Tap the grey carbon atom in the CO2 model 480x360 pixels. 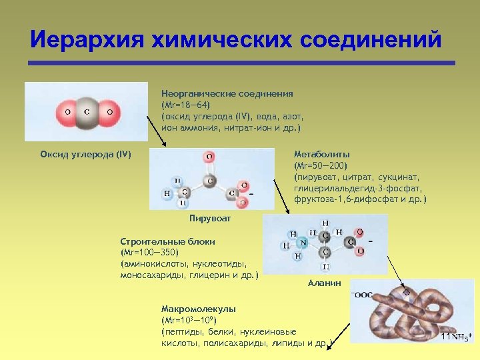[x=87, y=112]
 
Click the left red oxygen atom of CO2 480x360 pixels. [x=66, y=112]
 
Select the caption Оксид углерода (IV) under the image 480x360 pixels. [x=86, y=155]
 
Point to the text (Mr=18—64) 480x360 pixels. [x=185, y=105]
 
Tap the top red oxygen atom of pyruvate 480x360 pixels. [x=209, y=157]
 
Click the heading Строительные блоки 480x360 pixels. [x=167, y=241]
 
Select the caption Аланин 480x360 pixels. [x=325, y=283]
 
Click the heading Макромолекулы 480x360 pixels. [x=198, y=309]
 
